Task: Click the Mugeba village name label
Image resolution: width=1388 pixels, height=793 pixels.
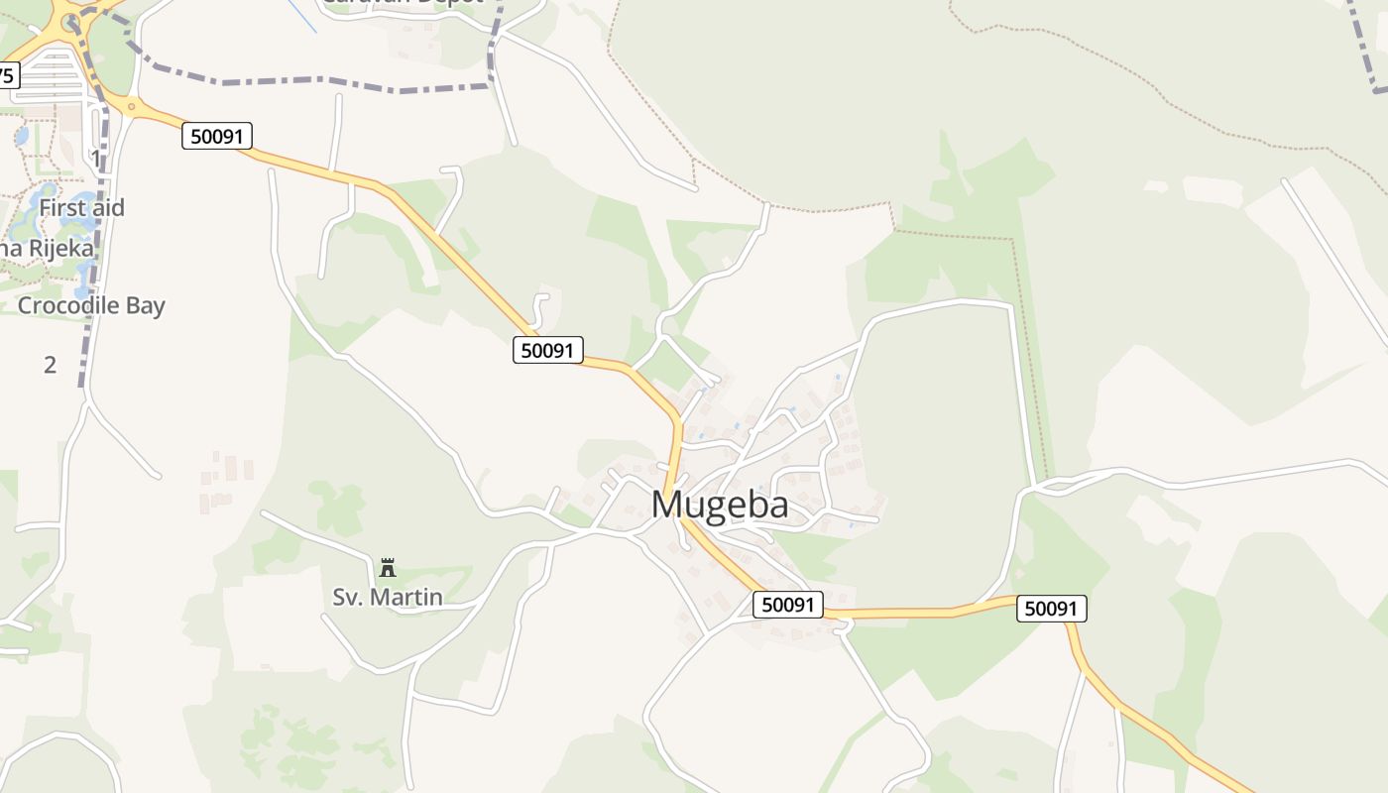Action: tap(720, 505)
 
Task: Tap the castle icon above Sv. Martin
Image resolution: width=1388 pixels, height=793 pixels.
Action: tap(388, 568)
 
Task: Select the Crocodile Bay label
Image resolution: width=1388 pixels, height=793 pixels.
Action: tap(91, 305)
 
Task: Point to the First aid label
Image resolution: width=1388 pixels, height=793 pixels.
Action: tap(81, 208)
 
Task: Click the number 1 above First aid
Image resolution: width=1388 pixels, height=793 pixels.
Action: tap(95, 157)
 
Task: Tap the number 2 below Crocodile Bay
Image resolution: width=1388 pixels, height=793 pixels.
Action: tap(50, 364)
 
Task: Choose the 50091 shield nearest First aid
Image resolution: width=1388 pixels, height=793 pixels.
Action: tap(217, 136)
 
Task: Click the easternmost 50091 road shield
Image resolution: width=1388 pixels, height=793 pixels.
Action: tap(1051, 608)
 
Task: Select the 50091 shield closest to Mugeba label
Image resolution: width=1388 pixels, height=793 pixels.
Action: tap(788, 604)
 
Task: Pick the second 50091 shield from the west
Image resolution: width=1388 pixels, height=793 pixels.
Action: tap(548, 349)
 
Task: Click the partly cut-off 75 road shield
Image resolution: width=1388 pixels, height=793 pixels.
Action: tap(8, 75)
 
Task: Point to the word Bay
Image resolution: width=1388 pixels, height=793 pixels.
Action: tap(144, 305)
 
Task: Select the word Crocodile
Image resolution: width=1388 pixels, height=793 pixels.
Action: tap(67, 305)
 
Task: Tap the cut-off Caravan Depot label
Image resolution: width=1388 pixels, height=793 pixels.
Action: tap(402, 3)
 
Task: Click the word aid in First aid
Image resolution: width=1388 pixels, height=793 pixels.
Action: tap(106, 208)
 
